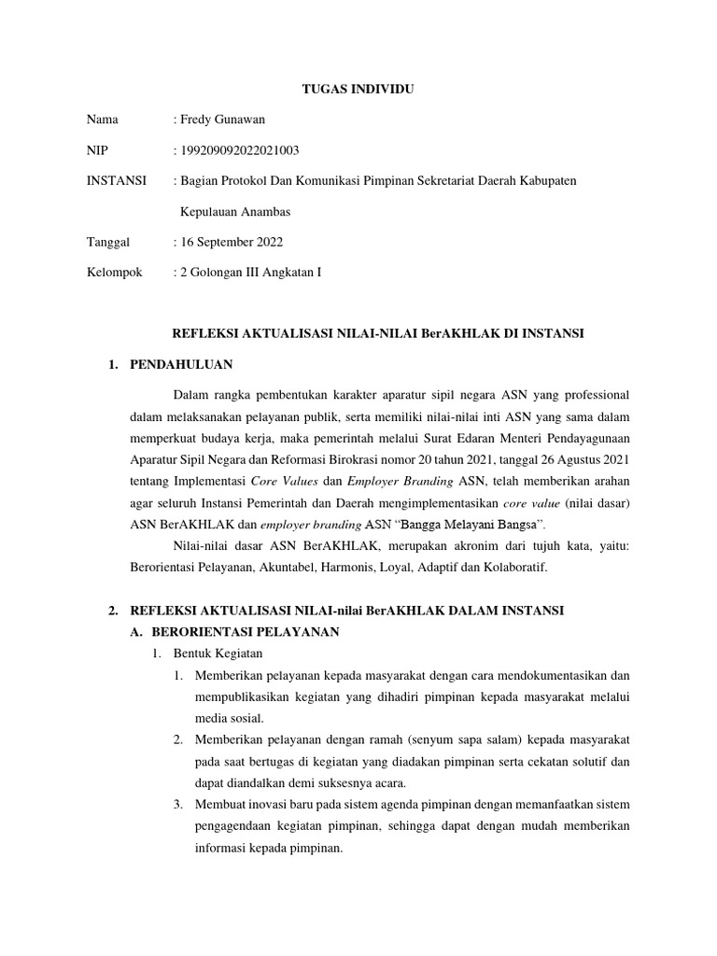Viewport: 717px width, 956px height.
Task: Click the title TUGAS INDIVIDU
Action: click(358, 91)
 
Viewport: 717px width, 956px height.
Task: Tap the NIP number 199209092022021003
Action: click(240, 150)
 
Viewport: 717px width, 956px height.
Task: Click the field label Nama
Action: click(104, 120)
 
